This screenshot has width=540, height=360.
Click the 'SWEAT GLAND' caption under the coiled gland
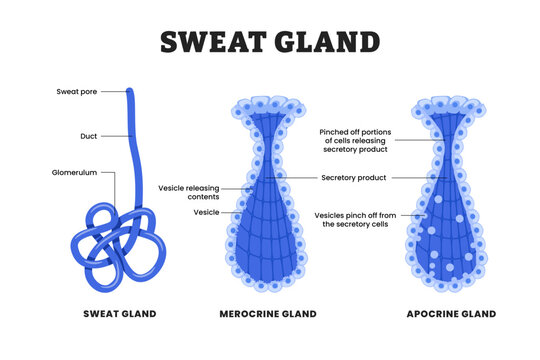119,314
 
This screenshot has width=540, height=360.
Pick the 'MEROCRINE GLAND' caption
267,314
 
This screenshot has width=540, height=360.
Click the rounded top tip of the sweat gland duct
129,92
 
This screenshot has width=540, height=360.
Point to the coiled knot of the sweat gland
115,236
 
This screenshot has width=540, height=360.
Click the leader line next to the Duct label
115,135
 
